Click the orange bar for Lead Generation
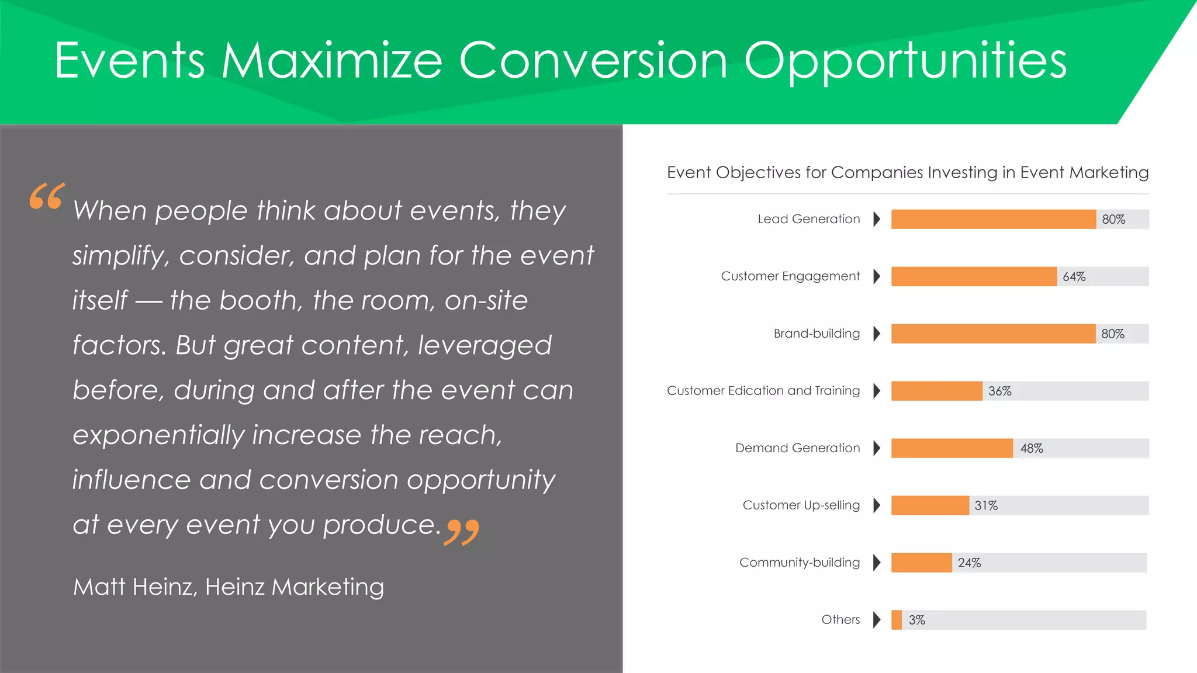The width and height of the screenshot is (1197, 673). tap(993, 219)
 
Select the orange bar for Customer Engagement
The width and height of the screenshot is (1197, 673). tap(974, 276)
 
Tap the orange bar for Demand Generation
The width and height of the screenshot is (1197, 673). tap(952, 448)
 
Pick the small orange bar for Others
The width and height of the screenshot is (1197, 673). tap(897, 620)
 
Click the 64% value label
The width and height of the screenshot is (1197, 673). tap(1074, 277)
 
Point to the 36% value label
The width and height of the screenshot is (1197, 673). tap(999, 391)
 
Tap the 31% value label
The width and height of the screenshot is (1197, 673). tap(985, 506)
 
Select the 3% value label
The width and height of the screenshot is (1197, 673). tap(916, 620)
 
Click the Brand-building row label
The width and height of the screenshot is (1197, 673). tap(817, 334)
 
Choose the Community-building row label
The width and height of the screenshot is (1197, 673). tap(799, 563)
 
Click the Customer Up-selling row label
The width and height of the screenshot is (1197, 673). tap(801, 505)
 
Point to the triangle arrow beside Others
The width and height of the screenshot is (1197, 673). tap(876, 620)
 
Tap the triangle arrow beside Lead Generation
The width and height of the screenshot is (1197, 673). tap(876, 219)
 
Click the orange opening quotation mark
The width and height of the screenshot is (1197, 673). tap(47, 196)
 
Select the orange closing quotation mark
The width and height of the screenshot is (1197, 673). tap(462, 532)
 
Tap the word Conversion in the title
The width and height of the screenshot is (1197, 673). tap(593, 61)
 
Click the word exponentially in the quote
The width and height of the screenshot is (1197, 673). tap(158, 436)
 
